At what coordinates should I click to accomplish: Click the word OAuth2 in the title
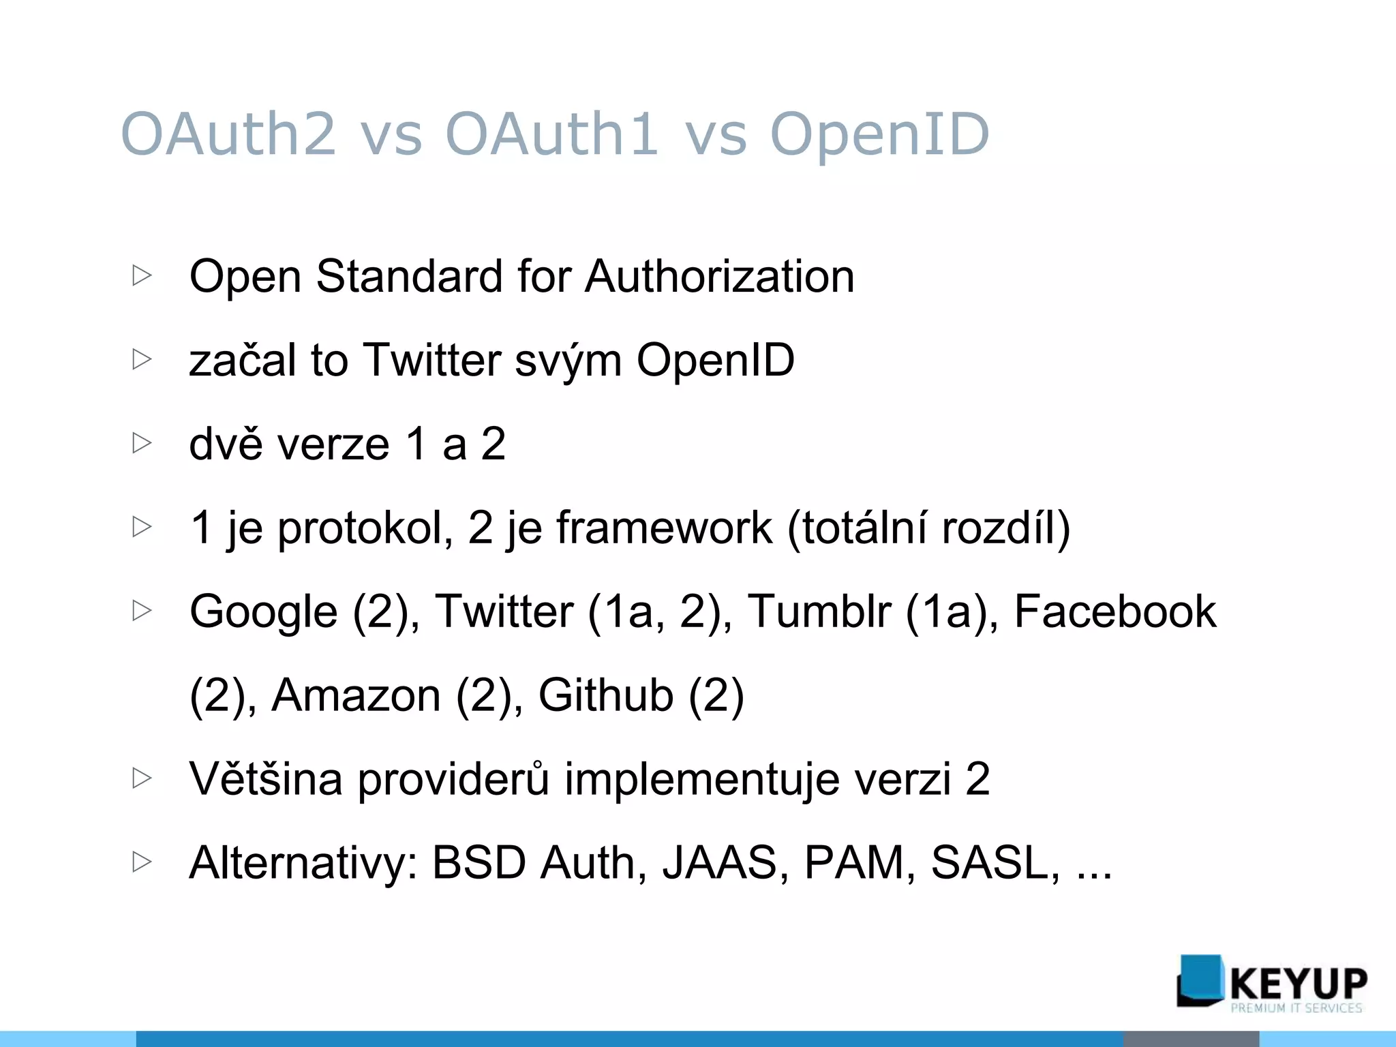[x=228, y=134]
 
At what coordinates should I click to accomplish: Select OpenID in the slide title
[x=879, y=134]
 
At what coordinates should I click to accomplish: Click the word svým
[x=568, y=361]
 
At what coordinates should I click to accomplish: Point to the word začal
[x=243, y=361]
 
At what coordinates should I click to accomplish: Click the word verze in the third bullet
[x=334, y=444]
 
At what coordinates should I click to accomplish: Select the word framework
[x=665, y=528]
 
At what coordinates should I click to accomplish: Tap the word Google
[x=263, y=612]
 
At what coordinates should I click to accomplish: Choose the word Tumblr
[x=819, y=611]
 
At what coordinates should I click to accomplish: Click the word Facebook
[x=1115, y=611]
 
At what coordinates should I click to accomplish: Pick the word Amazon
[x=356, y=695]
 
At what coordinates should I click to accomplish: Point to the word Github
[x=605, y=695]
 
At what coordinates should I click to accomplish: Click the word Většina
[x=266, y=778]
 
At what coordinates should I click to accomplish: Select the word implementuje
[x=702, y=780]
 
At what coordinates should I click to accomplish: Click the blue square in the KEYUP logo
[x=1200, y=980]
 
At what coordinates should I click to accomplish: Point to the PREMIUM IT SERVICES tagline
[x=1296, y=1008]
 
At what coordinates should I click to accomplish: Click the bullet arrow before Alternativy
[x=142, y=862]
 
